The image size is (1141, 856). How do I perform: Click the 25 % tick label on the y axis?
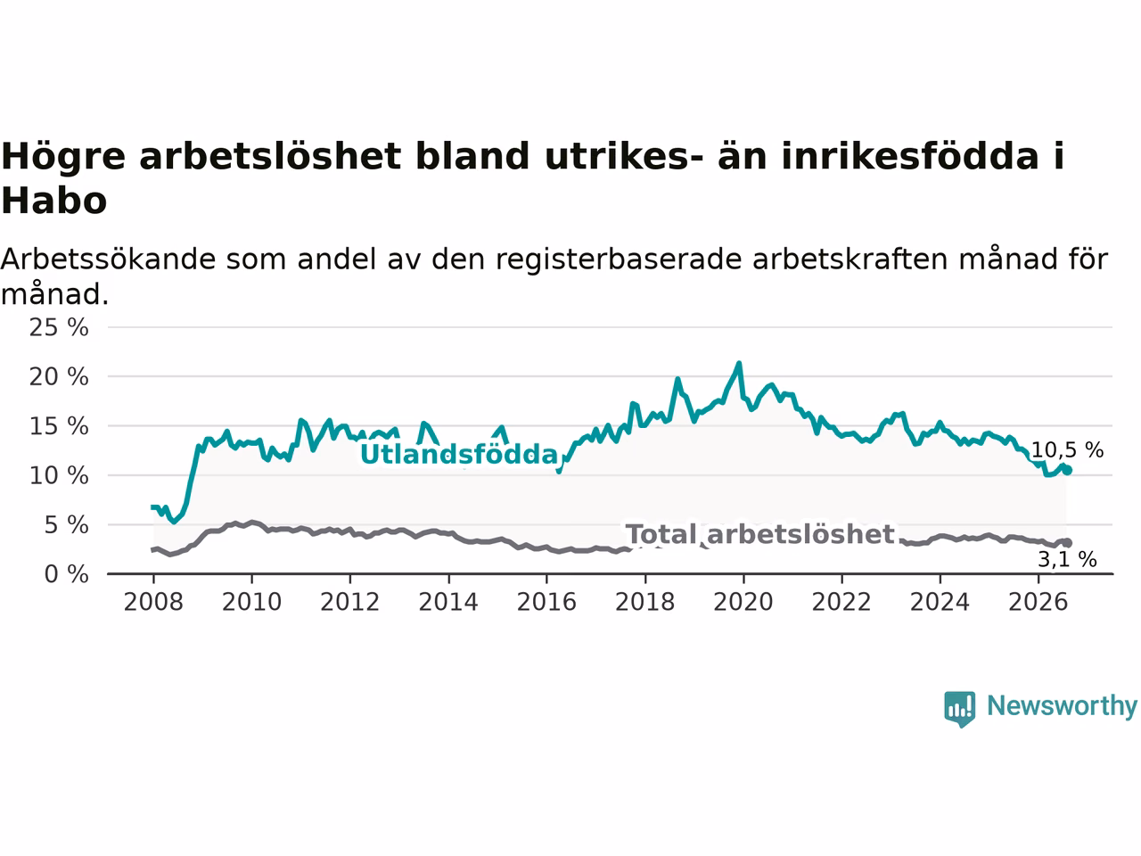coord(59,328)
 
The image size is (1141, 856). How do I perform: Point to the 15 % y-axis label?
coord(59,426)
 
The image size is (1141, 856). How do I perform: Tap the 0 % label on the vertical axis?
coord(67,574)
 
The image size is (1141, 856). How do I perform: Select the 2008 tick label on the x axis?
coord(153,602)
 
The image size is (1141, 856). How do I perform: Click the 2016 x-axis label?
coord(546,602)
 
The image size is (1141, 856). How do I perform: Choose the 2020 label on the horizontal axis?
coord(743,602)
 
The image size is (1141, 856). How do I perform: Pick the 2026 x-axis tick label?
coord(1038,602)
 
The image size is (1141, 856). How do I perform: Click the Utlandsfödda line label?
coord(459,454)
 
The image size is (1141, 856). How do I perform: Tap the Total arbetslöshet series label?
coord(760,534)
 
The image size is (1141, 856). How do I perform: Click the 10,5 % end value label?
coord(1067,450)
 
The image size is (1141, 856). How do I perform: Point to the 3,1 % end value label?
coord(1067,560)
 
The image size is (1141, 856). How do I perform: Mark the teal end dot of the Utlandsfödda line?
coord(1067,471)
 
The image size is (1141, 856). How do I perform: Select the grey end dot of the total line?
coord(1067,543)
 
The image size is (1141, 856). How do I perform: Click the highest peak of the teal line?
coord(739,364)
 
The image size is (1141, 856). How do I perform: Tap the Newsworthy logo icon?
coord(959,709)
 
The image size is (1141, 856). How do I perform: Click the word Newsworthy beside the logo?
coord(1062,706)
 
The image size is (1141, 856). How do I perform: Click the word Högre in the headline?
coord(63,157)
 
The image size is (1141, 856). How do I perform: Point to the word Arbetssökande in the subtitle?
coord(108,259)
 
